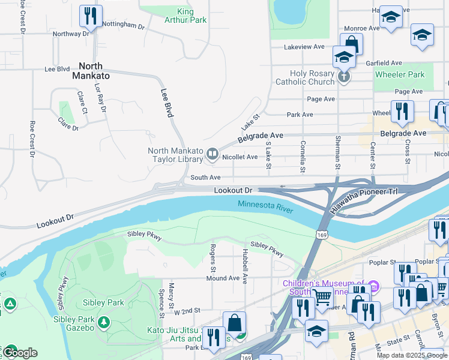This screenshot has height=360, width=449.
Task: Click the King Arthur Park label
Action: (x=185, y=16)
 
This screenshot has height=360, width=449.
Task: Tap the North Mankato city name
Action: (x=87, y=71)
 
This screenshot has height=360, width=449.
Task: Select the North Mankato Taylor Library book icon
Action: (x=211, y=155)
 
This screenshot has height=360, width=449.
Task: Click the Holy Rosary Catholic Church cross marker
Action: (x=343, y=76)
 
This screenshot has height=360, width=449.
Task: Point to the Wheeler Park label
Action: (x=399, y=75)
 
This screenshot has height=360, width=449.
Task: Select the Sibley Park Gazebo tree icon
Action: (x=104, y=322)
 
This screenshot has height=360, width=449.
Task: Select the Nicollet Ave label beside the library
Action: (x=240, y=157)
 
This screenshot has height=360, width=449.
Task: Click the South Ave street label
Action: (x=205, y=178)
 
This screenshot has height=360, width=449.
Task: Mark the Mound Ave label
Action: (x=223, y=278)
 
